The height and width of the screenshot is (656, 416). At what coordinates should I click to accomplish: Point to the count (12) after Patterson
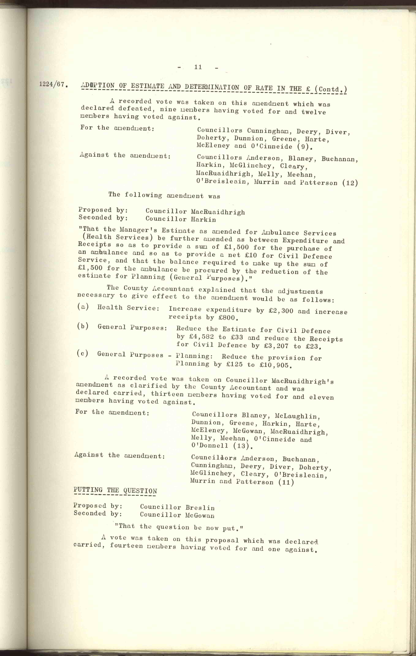tap(350, 183)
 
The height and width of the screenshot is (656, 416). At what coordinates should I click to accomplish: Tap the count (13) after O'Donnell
tap(241, 446)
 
